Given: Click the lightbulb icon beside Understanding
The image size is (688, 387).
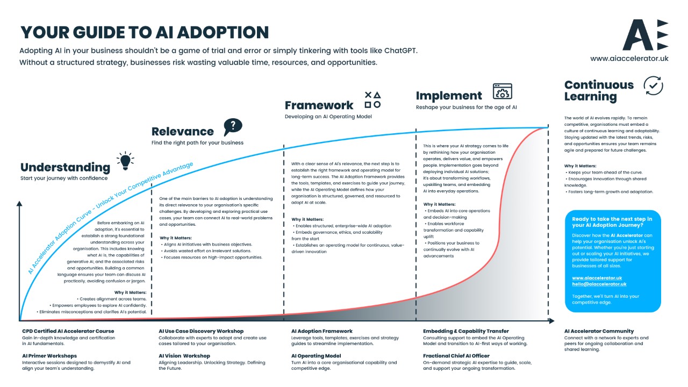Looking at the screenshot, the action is [125, 161].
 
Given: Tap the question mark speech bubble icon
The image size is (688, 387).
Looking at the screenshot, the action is [233, 127].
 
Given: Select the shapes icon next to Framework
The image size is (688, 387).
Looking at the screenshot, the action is [372, 99].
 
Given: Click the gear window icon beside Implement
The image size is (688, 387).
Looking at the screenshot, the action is [502, 91].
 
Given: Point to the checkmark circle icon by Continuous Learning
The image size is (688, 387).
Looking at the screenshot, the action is [653, 85].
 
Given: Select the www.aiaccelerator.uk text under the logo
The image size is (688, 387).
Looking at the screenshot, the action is [629, 58].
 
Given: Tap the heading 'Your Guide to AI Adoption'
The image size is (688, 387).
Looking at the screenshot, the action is [145, 32].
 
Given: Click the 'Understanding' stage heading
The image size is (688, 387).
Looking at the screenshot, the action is [65, 167].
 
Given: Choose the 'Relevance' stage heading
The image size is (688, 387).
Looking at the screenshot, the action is [183, 131].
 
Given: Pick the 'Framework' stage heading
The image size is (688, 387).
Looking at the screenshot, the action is [319, 105].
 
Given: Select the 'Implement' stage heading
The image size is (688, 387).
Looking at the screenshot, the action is [449, 96].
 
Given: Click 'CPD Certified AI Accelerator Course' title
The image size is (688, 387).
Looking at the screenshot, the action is [68, 331].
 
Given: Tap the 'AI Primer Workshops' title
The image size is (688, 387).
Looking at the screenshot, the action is [49, 356].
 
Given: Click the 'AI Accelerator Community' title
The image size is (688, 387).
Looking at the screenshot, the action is [599, 331].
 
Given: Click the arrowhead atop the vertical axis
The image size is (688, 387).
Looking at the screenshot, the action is [19, 204].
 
